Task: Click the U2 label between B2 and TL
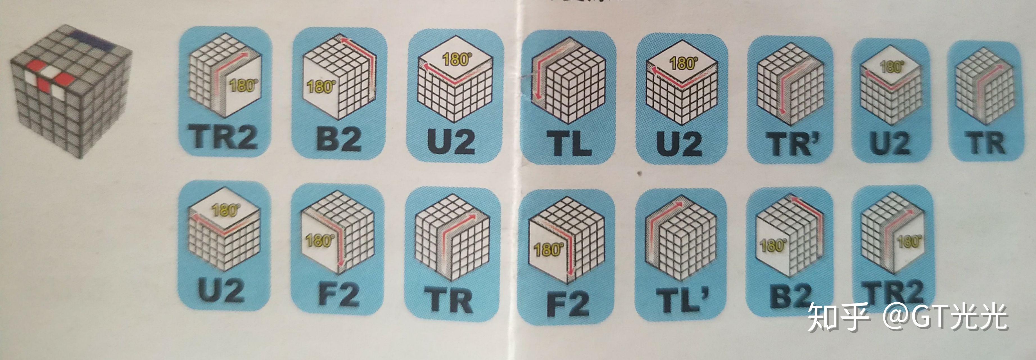(451, 141)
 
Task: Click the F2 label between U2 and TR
(338, 296)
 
